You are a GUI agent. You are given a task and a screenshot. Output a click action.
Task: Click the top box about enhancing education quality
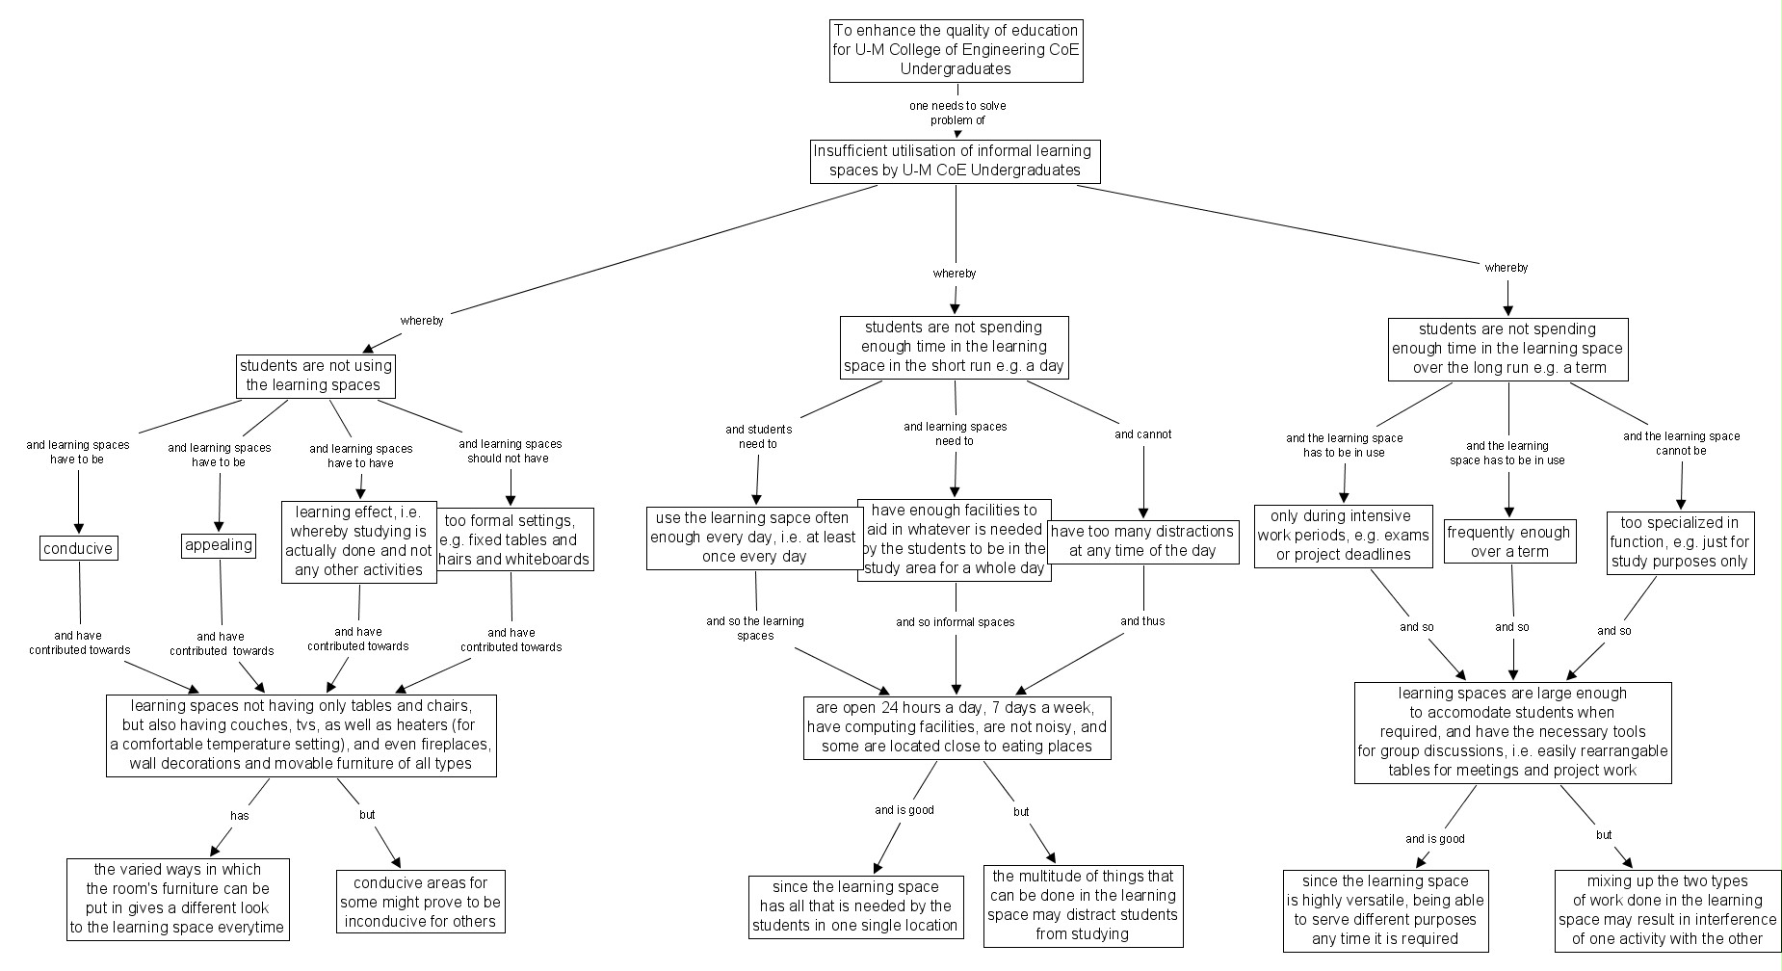click(x=956, y=50)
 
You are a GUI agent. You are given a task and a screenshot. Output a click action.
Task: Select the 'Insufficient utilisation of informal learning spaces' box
click(x=955, y=161)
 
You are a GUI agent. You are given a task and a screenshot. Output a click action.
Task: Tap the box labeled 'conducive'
click(x=79, y=549)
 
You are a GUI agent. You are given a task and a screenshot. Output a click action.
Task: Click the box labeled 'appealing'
click(x=219, y=545)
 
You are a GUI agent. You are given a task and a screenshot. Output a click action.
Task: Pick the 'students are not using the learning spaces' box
click(x=316, y=375)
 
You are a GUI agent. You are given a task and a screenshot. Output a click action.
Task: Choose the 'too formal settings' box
click(x=514, y=539)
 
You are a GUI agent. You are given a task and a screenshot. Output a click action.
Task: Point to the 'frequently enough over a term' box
click(x=1508, y=541)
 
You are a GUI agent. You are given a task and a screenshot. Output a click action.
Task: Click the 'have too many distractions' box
click(x=1142, y=541)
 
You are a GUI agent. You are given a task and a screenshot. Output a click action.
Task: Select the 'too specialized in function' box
click(x=1680, y=542)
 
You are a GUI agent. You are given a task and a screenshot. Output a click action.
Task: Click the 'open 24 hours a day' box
click(x=957, y=727)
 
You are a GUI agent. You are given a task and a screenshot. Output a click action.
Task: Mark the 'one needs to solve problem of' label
click(x=957, y=113)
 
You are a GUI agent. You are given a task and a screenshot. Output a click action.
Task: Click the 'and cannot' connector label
click(x=1143, y=434)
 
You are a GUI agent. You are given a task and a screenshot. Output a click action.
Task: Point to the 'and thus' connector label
click(x=1142, y=621)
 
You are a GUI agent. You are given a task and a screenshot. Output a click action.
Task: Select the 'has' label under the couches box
click(x=239, y=816)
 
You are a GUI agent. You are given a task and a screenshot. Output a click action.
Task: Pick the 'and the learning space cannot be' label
click(x=1682, y=443)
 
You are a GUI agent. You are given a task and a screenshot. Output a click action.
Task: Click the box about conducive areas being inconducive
click(x=420, y=903)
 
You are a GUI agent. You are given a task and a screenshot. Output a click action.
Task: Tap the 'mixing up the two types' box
click(x=1666, y=910)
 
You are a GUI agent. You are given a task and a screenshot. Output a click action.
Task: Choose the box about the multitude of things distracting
click(x=1083, y=905)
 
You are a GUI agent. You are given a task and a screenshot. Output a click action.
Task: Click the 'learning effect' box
click(x=358, y=541)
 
